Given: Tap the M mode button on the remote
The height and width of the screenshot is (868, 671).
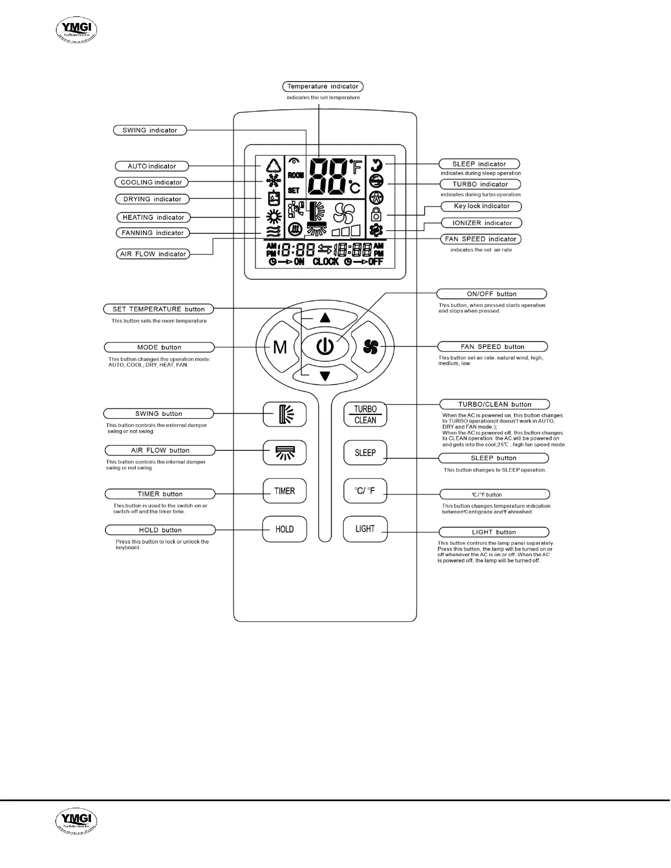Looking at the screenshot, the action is pyautogui.click(x=280, y=347).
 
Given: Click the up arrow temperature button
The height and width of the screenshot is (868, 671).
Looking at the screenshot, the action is pyautogui.click(x=325, y=317).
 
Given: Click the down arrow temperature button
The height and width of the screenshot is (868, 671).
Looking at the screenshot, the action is pyautogui.click(x=325, y=376).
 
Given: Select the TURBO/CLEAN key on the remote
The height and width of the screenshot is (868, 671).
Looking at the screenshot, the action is pyautogui.click(x=365, y=414).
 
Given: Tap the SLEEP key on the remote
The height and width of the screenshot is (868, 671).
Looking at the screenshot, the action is pyautogui.click(x=365, y=453).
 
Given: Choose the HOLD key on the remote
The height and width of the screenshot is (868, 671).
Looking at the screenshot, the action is pyautogui.click(x=285, y=529).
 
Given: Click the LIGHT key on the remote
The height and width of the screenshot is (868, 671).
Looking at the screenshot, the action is pyautogui.click(x=365, y=529).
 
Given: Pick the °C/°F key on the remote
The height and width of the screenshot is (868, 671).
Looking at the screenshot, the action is pyautogui.click(x=365, y=491).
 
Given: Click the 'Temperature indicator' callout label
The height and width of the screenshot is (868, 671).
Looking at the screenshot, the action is pyautogui.click(x=323, y=87).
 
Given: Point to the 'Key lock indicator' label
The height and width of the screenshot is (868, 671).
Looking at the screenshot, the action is pyautogui.click(x=481, y=206).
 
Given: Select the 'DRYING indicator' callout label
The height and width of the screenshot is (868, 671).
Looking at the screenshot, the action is pyautogui.click(x=152, y=199).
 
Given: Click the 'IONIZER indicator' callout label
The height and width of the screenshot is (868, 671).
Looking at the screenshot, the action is pyautogui.click(x=482, y=223).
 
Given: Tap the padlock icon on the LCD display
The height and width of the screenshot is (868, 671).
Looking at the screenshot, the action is pyautogui.click(x=376, y=214).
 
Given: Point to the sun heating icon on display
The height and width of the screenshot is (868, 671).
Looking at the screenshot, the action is pyautogui.click(x=274, y=216).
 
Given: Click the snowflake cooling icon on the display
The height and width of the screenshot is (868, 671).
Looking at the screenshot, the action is pyautogui.click(x=273, y=181).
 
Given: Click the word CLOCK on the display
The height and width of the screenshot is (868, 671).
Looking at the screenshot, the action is pyautogui.click(x=326, y=262).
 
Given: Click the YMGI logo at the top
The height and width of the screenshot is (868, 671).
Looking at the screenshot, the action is pyautogui.click(x=77, y=30).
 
